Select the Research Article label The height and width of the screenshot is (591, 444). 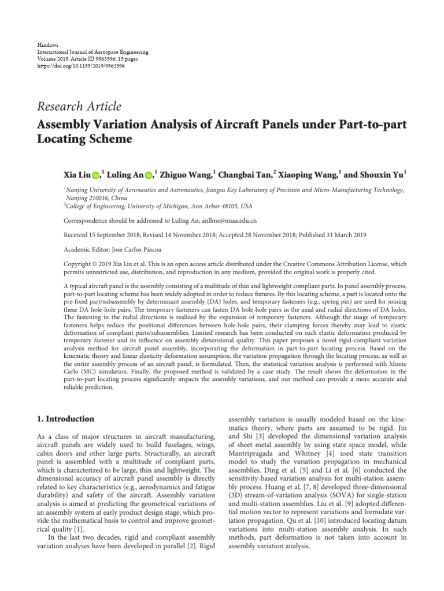click(x=79, y=106)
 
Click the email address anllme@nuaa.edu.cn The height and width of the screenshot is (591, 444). click(x=229, y=220)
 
